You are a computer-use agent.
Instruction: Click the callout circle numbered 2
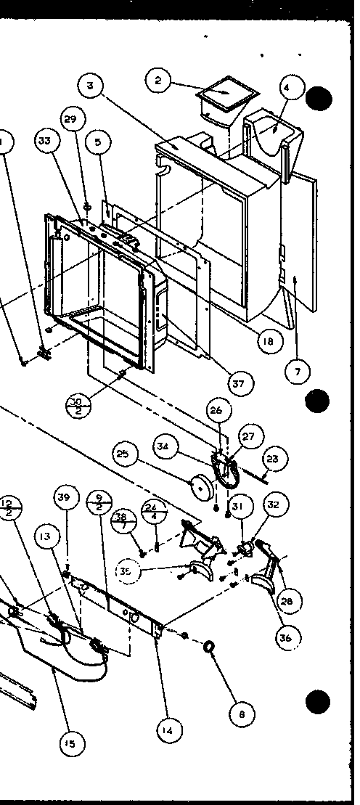tap(158, 80)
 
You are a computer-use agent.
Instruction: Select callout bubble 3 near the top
tap(90, 86)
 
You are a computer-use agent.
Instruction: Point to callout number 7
tap(296, 372)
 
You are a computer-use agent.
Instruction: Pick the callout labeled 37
tap(237, 383)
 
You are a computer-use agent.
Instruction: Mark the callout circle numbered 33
tap(46, 141)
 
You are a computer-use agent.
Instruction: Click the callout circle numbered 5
tap(98, 142)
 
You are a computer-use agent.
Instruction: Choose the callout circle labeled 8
tap(242, 714)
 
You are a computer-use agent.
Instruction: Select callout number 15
tap(70, 743)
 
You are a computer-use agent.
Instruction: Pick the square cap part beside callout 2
tap(226, 94)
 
